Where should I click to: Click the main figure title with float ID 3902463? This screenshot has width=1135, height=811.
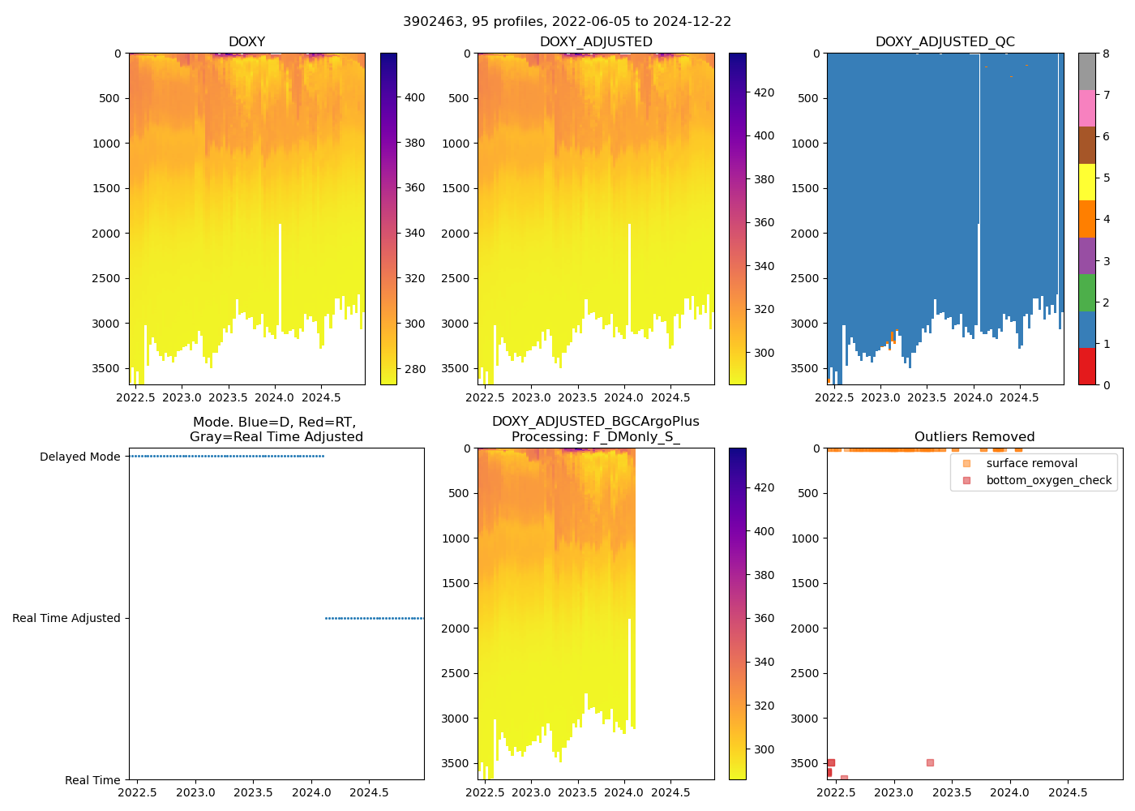coord(567,22)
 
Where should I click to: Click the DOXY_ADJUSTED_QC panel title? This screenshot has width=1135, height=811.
coord(944,42)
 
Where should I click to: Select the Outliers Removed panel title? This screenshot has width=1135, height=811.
coord(974,437)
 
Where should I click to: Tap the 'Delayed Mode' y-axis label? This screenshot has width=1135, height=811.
coord(79,457)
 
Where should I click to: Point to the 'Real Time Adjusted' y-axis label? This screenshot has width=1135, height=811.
coord(66,618)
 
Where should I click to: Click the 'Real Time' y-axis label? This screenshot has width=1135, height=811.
coord(92,780)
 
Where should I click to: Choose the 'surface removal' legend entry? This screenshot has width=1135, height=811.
coord(1031,463)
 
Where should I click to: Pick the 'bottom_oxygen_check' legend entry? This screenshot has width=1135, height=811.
coord(1048,480)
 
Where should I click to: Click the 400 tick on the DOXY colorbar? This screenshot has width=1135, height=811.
coord(414,97)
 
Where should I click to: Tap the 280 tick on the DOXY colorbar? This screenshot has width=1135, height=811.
coord(414,369)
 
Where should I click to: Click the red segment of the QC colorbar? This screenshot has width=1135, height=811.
coord(1086,366)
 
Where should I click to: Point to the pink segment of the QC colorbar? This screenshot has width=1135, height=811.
coord(1086,108)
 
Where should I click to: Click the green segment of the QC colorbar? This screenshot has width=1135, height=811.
coord(1086,292)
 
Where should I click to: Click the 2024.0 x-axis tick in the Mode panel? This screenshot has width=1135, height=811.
coord(311,792)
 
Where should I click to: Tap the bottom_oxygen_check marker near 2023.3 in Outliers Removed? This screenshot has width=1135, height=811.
coord(930,762)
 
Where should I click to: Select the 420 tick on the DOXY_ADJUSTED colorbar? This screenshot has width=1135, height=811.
coord(764,92)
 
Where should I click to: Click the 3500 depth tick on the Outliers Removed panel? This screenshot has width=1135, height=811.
coord(805,763)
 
